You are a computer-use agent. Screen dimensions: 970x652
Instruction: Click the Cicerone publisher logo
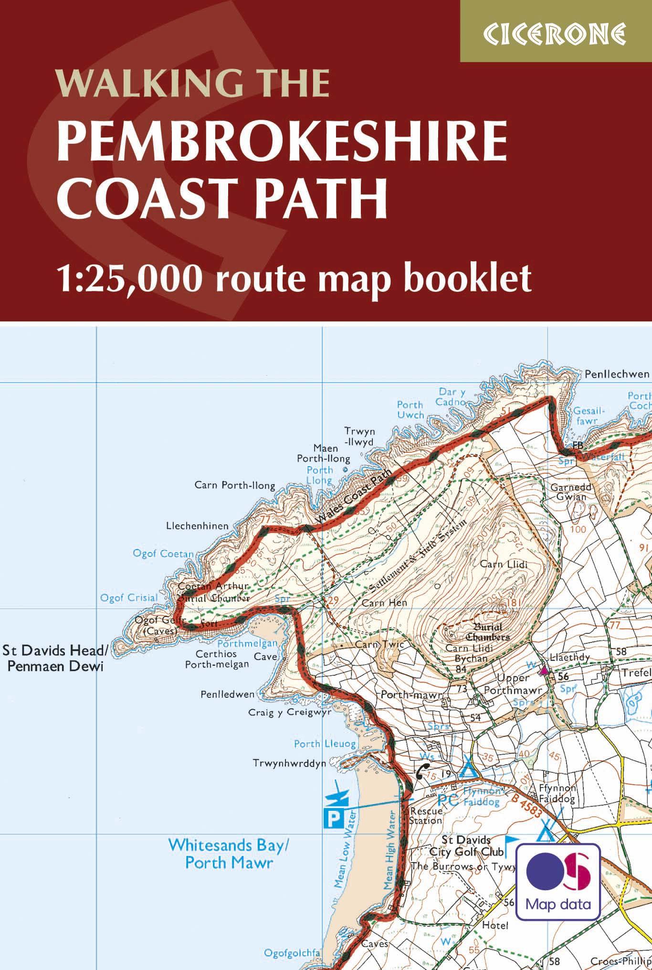tap(556, 32)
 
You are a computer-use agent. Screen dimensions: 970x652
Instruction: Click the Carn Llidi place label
tap(504, 564)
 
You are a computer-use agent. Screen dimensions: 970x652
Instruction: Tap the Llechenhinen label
tap(197, 525)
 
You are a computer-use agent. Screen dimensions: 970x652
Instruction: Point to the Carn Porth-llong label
tap(235, 486)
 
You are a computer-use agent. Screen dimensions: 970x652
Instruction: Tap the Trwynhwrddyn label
tap(290, 763)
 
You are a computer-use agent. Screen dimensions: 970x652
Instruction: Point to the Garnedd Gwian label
tap(571, 492)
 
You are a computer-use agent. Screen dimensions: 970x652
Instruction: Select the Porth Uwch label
tap(410, 410)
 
